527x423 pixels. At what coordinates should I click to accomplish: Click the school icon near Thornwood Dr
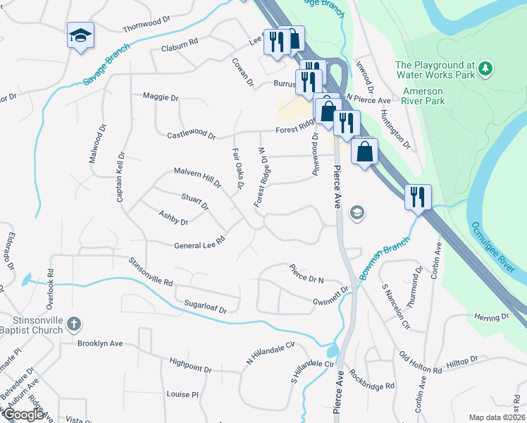(x=80, y=35)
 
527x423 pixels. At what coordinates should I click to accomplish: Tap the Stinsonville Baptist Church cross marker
(x=74, y=324)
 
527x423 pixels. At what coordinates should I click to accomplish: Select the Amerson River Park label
(x=425, y=97)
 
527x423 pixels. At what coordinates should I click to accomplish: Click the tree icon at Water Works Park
(x=485, y=68)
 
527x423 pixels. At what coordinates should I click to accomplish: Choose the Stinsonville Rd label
(x=151, y=271)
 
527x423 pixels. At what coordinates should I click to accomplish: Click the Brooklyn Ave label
(x=100, y=343)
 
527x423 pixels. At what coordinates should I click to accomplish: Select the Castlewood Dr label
(x=191, y=134)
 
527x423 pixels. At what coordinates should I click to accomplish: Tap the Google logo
(x=23, y=415)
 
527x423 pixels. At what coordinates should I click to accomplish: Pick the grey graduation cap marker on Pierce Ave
(x=357, y=213)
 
